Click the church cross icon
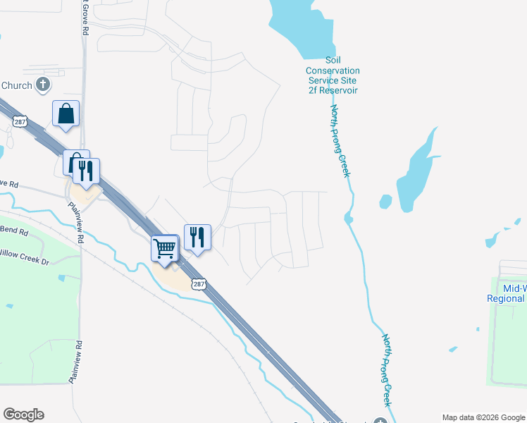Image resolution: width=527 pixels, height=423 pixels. point(43,85)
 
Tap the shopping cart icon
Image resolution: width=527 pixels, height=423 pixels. point(164,248)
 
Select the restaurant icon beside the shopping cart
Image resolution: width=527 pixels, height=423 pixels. point(197,238)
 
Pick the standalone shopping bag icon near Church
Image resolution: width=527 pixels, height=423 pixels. point(66,113)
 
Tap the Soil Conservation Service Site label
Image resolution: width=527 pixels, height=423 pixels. point(333,75)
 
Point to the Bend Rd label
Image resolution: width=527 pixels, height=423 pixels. point(14,231)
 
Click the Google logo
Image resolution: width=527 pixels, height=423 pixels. point(23,415)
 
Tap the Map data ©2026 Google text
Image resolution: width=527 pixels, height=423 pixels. point(483,417)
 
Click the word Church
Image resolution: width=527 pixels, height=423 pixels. point(16,86)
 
